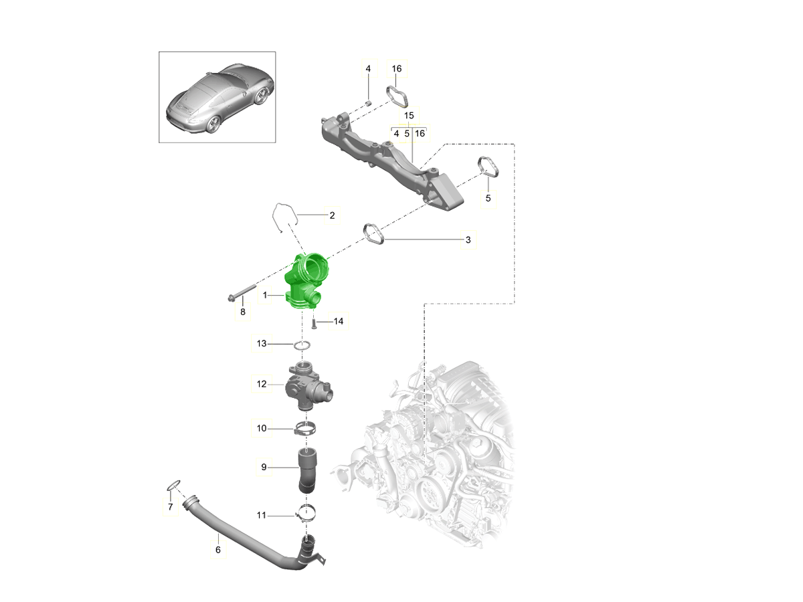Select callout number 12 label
coord(262,384)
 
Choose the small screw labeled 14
coord(314,324)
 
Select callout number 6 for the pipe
coord(218,550)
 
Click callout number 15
coord(409,116)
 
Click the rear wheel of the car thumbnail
coord(213,124)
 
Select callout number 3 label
coord(468,239)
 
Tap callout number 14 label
coord(339,321)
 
